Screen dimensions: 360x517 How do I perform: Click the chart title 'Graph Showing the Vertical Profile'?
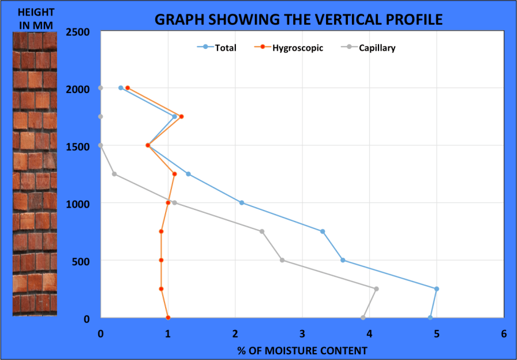point(298,19)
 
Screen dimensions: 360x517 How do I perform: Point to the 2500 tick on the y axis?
point(77,32)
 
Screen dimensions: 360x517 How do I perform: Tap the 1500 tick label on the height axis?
point(77,147)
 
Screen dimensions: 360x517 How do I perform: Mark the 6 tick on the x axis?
point(504,334)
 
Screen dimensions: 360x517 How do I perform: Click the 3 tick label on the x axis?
point(302,334)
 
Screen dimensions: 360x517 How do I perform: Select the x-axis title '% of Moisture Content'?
point(302,350)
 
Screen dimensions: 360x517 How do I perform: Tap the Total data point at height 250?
point(436,289)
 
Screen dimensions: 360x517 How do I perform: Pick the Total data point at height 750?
point(323,231)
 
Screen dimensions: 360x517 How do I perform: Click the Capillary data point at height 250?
point(376,289)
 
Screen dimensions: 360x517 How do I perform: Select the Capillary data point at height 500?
point(282,260)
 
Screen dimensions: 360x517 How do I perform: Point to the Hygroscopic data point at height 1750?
point(181,117)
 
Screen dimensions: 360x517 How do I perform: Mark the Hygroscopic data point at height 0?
point(168,317)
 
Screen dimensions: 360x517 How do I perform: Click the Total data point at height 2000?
point(121,88)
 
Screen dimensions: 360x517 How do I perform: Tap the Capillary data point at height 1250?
point(114,174)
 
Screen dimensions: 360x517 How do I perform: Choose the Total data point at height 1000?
point(242,202)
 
